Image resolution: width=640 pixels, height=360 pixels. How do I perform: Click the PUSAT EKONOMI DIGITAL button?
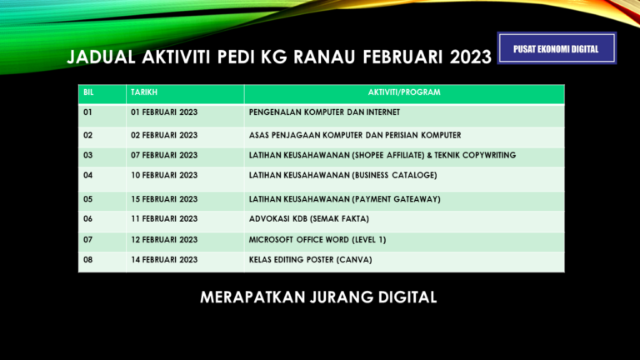(557, 49)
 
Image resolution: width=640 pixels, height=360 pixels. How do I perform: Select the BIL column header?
(89, 92)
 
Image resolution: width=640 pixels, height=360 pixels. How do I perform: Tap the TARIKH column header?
(143, 92)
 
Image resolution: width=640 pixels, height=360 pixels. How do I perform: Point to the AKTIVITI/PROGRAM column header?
(403, 92)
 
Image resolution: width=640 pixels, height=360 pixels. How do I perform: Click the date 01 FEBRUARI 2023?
(164, 112)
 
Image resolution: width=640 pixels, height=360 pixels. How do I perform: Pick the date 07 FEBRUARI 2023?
(164, 155)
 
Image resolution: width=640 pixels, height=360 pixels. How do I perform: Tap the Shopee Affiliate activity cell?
(382, 155)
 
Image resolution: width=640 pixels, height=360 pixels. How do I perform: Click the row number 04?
(89, 175)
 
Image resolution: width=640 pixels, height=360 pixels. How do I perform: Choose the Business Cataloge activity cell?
(342, 175)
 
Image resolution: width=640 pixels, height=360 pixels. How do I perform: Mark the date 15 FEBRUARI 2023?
(164, 199)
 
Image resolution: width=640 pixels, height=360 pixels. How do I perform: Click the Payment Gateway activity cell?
(344, 199)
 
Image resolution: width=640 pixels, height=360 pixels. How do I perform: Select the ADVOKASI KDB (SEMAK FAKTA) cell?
(308, 218)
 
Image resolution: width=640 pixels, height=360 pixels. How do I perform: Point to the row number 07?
(89, 239)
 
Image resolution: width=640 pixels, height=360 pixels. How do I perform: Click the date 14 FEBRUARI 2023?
(164, 259)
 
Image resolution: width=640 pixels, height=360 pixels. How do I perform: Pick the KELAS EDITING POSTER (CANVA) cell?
(310, 259)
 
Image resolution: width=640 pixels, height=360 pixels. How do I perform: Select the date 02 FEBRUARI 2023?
(164, 135)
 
